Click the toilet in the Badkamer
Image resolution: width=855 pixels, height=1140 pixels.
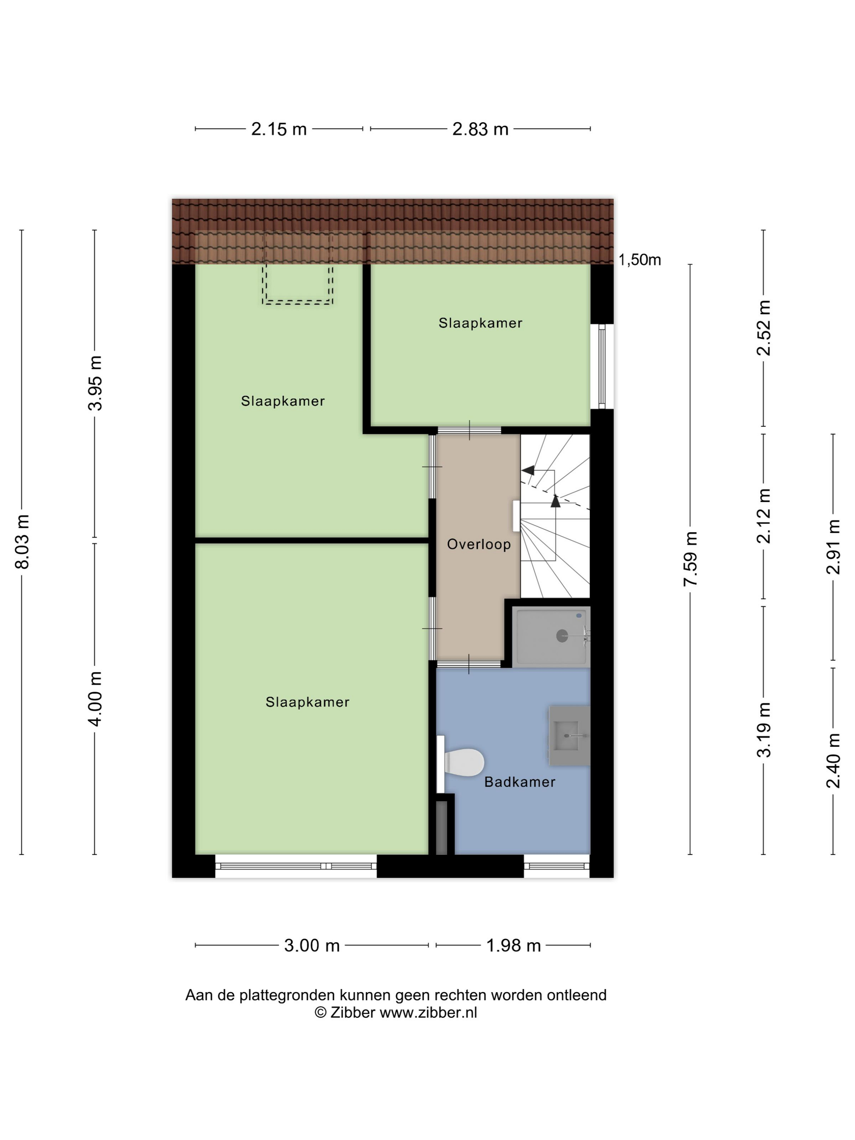tap(463, 762)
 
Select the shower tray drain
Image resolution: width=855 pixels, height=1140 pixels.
tap(562, 636)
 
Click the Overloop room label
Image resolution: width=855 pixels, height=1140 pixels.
tap(479, 544)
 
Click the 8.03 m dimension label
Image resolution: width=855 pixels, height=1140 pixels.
tap(23, 541)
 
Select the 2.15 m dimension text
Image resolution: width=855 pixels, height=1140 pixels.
tap(279, 129)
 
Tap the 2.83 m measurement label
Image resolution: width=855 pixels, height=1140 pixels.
tap(480, 129)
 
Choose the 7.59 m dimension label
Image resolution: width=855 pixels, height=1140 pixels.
tap(691, 559)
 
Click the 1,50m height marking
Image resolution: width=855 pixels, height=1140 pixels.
tap(640, 260)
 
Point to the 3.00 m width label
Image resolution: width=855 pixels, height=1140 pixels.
tap(312, 946)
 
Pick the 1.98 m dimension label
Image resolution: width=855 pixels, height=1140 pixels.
tap(513, 946)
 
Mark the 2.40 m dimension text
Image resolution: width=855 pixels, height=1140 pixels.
tap(833, 761)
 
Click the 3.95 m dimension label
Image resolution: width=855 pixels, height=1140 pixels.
tap(95, 383)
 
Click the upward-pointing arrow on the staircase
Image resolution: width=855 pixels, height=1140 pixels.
tap(555, 500)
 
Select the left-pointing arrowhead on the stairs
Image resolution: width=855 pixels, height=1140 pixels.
tap(528, 470)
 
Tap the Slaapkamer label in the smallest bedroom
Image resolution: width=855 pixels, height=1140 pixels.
tap(480, 323)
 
